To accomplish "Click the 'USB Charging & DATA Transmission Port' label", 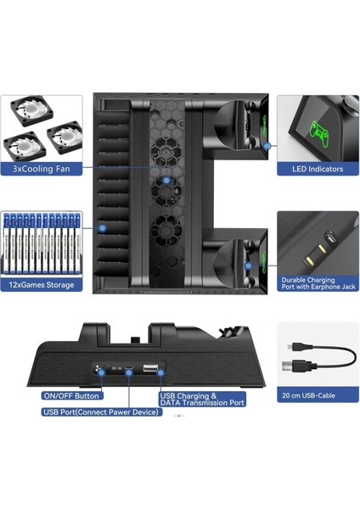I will coord(201,399).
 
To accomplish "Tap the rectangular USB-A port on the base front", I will coord(149,369).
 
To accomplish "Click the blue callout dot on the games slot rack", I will coord(102,227).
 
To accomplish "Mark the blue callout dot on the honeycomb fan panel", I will coord(167,180).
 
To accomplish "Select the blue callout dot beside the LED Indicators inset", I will coord(267,145).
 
